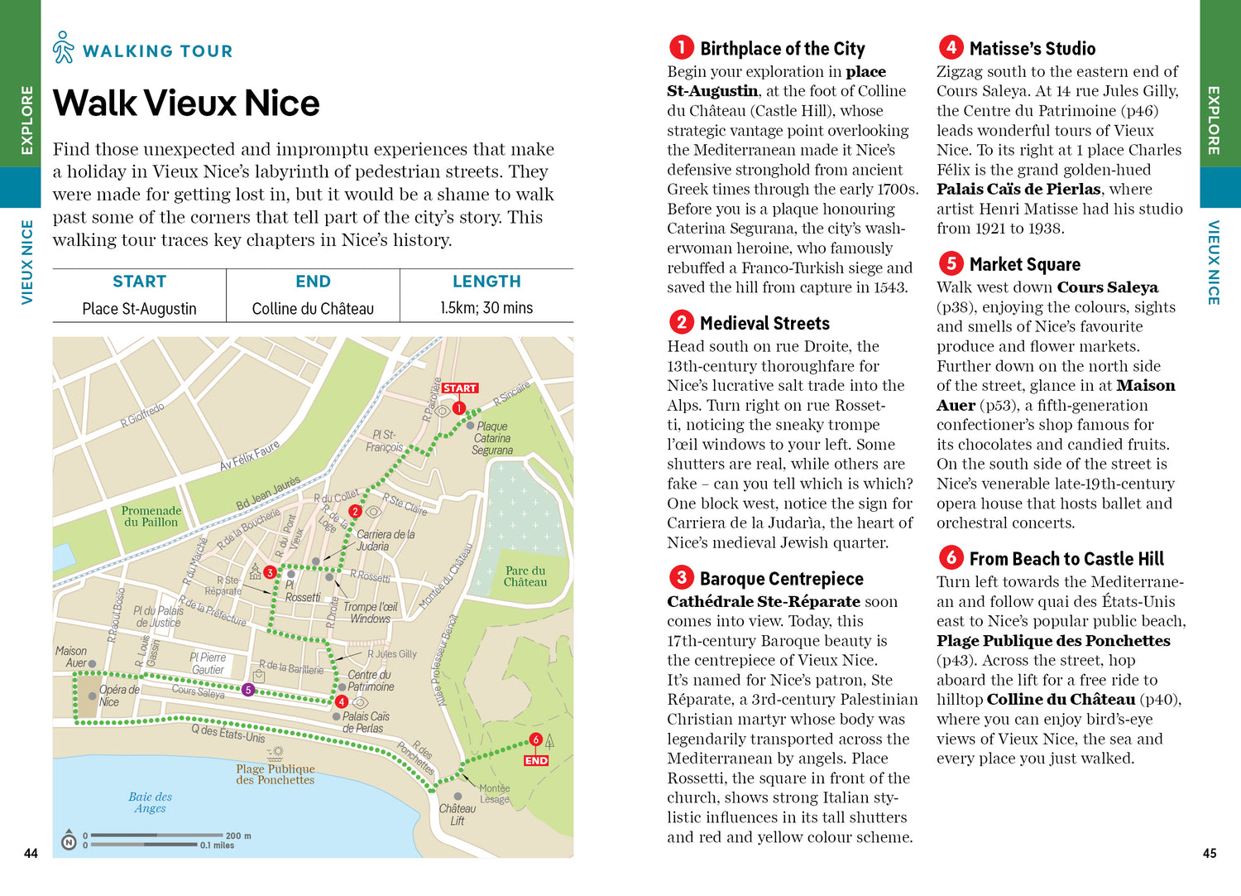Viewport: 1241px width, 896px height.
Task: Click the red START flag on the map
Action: [459, 388]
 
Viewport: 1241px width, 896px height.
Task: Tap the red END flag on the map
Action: [535, 760]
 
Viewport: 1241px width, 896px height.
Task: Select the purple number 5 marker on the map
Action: [248, 690]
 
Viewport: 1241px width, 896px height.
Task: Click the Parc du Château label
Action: [525, 576]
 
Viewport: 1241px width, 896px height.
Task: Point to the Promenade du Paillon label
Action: [151, 516]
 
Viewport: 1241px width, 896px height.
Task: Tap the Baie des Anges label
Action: [150, 802]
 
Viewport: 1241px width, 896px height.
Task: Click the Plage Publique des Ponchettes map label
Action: [275, 774]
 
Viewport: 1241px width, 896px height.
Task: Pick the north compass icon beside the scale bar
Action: [69, 842]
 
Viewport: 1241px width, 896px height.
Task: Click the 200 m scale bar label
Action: [238, 836]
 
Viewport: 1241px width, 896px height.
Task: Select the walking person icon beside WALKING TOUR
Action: [63, 48]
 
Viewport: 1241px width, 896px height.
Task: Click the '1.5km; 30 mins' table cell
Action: [486, 308]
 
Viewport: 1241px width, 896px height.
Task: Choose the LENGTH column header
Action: [486, 282]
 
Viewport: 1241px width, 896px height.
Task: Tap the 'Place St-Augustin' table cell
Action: [139, 308]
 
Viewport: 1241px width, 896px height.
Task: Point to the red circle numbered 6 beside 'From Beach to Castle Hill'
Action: [951, 557]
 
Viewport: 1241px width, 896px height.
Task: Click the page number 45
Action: [1209, 853]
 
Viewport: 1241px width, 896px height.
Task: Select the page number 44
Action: [31, 853]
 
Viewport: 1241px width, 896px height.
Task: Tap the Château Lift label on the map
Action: [457, 814]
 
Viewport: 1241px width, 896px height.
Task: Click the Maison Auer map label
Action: [71, 657]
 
